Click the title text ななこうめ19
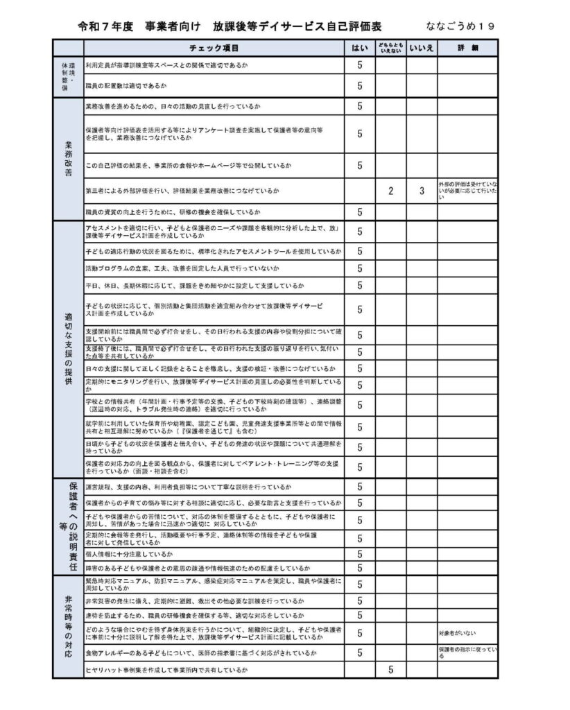pos(460,26)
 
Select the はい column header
pos(360,48)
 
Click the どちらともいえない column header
pos(390,48)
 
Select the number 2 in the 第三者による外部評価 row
pos(390,191)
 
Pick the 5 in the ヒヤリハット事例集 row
pos(390,670)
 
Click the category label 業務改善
pos(68,159)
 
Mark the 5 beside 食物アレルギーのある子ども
pos(360,652)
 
